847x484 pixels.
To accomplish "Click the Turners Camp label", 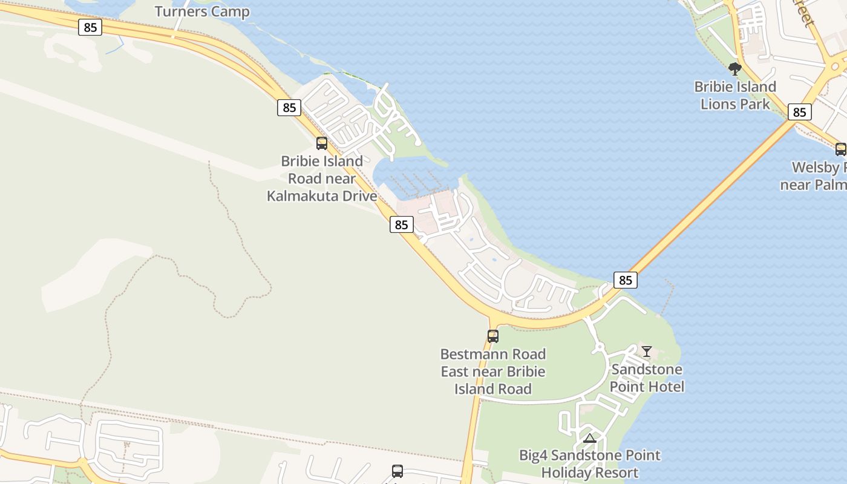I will (x=202, y=11).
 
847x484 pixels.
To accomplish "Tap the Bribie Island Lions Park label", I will (x=735, y=96).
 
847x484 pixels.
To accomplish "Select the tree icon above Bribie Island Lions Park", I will (x=735, y=69).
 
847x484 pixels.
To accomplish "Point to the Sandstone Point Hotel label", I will (x=647, y=378).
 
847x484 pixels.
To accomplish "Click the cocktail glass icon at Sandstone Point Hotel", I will (x=647, y=351).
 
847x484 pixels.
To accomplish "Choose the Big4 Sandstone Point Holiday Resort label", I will (x=590, y=463).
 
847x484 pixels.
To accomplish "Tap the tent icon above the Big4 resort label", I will (x=590, y=438).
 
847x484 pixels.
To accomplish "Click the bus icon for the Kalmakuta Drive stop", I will (x=322, y=143).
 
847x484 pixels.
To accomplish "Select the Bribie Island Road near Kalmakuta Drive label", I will (x=322, y=178).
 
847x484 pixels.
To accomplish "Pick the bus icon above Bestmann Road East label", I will (x=493, y=336).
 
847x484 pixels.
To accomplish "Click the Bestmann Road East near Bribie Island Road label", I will (x=493, y=371).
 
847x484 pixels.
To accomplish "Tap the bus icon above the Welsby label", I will (x=840, y=149).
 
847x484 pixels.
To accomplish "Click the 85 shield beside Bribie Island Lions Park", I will (x=800, y=112).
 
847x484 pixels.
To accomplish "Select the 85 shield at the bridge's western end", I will (x=626, y=280).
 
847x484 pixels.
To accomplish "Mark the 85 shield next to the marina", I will (x=401, y=224).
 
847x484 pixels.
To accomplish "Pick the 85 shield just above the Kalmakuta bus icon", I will (x=289, y=108).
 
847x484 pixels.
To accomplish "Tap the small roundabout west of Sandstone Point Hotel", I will (x=599, y=347).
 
